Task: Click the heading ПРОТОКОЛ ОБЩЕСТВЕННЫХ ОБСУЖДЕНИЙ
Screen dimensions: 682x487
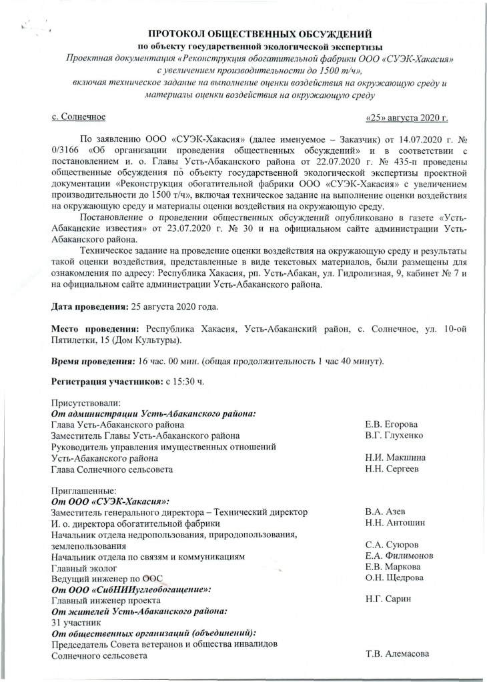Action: pyautogui.click(x=260, y=33)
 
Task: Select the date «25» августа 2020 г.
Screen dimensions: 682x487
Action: pyautogui.click(x=407, y=118)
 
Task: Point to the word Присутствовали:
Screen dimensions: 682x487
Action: pyautogui.click(x=84, y=403)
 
